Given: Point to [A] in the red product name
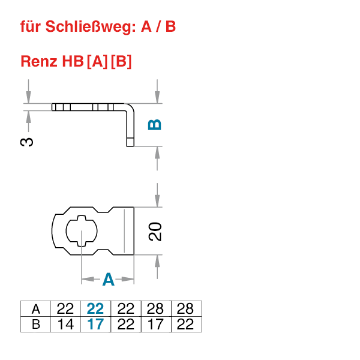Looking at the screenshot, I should (97, 61).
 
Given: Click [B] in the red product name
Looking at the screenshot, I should (121, 61).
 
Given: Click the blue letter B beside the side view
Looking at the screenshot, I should (155, 125).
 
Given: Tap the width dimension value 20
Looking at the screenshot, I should (155, 231).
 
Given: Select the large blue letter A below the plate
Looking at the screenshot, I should (108, 280).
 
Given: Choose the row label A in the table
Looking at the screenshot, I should (36, 309).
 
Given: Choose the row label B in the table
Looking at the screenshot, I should (36, 325).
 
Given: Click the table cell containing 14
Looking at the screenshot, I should (65, 325).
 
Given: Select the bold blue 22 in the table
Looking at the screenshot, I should (95, 309).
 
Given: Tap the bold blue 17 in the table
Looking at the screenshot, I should (95, 325).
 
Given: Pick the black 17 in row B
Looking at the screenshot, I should (155, 325).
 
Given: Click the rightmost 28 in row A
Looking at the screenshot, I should (186, 309).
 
